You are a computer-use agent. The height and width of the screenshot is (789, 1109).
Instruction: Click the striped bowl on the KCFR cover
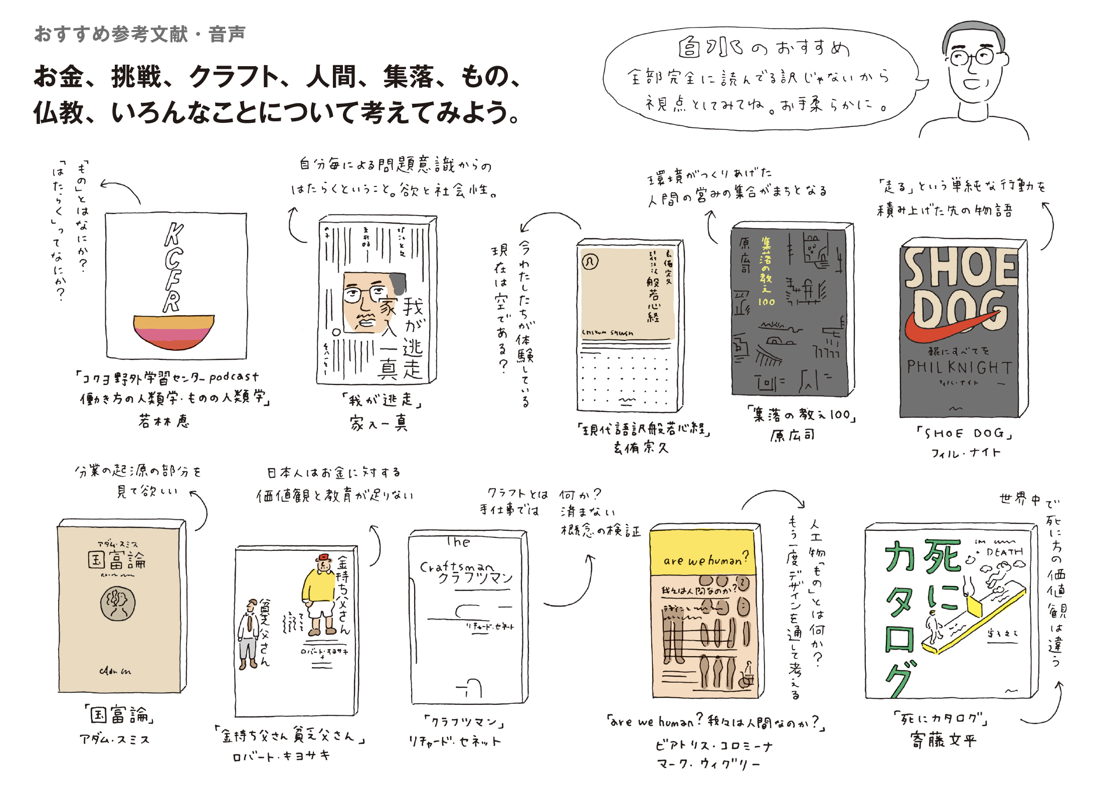pyautogui.click(x=173, y=331)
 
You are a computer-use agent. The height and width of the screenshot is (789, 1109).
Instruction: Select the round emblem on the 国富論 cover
pyautogui.click(x=118, y=604)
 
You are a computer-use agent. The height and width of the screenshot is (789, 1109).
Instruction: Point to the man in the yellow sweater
pyautogui.click(x=319, y=591)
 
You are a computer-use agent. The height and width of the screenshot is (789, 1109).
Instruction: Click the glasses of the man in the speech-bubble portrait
pyautogui.click(x=973, y=56)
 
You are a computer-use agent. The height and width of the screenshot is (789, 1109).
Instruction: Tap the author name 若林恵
pyautogui.click(x=164, y=421)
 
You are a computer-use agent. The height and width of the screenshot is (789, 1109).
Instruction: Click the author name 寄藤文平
pyautogui.click(x=943, y=740)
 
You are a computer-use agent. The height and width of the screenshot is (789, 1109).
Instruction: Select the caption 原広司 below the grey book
pyautogui.click(x=793, y=435)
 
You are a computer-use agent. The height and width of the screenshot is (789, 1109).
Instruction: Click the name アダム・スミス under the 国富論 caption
pyautogui.click(x=115, y=739)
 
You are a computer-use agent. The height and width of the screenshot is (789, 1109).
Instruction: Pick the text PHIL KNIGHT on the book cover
pyautogui.click(x=959, y=368)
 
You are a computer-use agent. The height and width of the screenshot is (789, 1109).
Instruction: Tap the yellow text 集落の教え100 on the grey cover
pyautogui.click(x=766, y=271)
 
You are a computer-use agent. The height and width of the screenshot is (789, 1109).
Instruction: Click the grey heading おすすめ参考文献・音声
pyautogui.click(x=140, y=34)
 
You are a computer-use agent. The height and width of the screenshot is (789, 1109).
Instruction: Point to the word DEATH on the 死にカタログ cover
pyautogui.click(x=1004, y=552)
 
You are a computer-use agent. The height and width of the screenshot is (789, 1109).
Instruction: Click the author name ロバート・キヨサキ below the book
pyautogui.click(x=281, y=756)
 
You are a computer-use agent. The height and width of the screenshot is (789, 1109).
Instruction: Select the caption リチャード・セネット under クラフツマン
pyautogui.click(x=455, y=741)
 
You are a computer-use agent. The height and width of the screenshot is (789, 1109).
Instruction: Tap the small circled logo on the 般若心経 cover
pyautogui.click(x=591, y=261)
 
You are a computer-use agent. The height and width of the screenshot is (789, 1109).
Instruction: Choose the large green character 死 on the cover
pyautogui.click(x=942, y=556)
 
